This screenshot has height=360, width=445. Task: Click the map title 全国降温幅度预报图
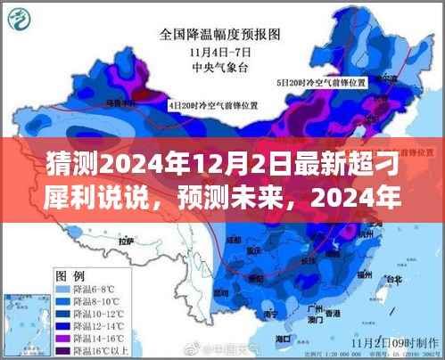click(220, 36)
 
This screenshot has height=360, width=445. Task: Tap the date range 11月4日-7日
click(221, 51)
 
